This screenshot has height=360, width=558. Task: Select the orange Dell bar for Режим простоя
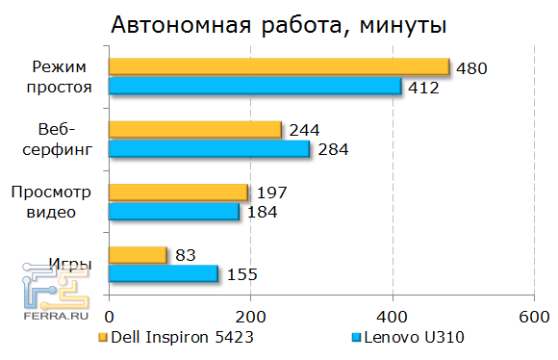[279, 66]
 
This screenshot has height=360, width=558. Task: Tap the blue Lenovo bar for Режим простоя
[254, 87]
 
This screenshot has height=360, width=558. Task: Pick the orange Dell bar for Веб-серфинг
[195, 129]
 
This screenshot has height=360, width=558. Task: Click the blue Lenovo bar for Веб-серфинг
[209, 148]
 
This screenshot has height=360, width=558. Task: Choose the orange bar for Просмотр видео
[178, 192]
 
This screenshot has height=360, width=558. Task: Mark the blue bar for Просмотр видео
[173, 211]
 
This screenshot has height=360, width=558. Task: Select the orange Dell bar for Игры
[138, 255]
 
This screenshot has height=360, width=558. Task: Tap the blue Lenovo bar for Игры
[164, 274]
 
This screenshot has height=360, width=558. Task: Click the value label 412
[423, 89]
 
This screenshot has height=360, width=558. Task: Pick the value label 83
[186, 256]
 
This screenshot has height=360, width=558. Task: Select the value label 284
[332, 149]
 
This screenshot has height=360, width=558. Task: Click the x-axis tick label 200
[251, 317]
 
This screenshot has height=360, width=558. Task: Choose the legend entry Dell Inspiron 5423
[179, 339]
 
